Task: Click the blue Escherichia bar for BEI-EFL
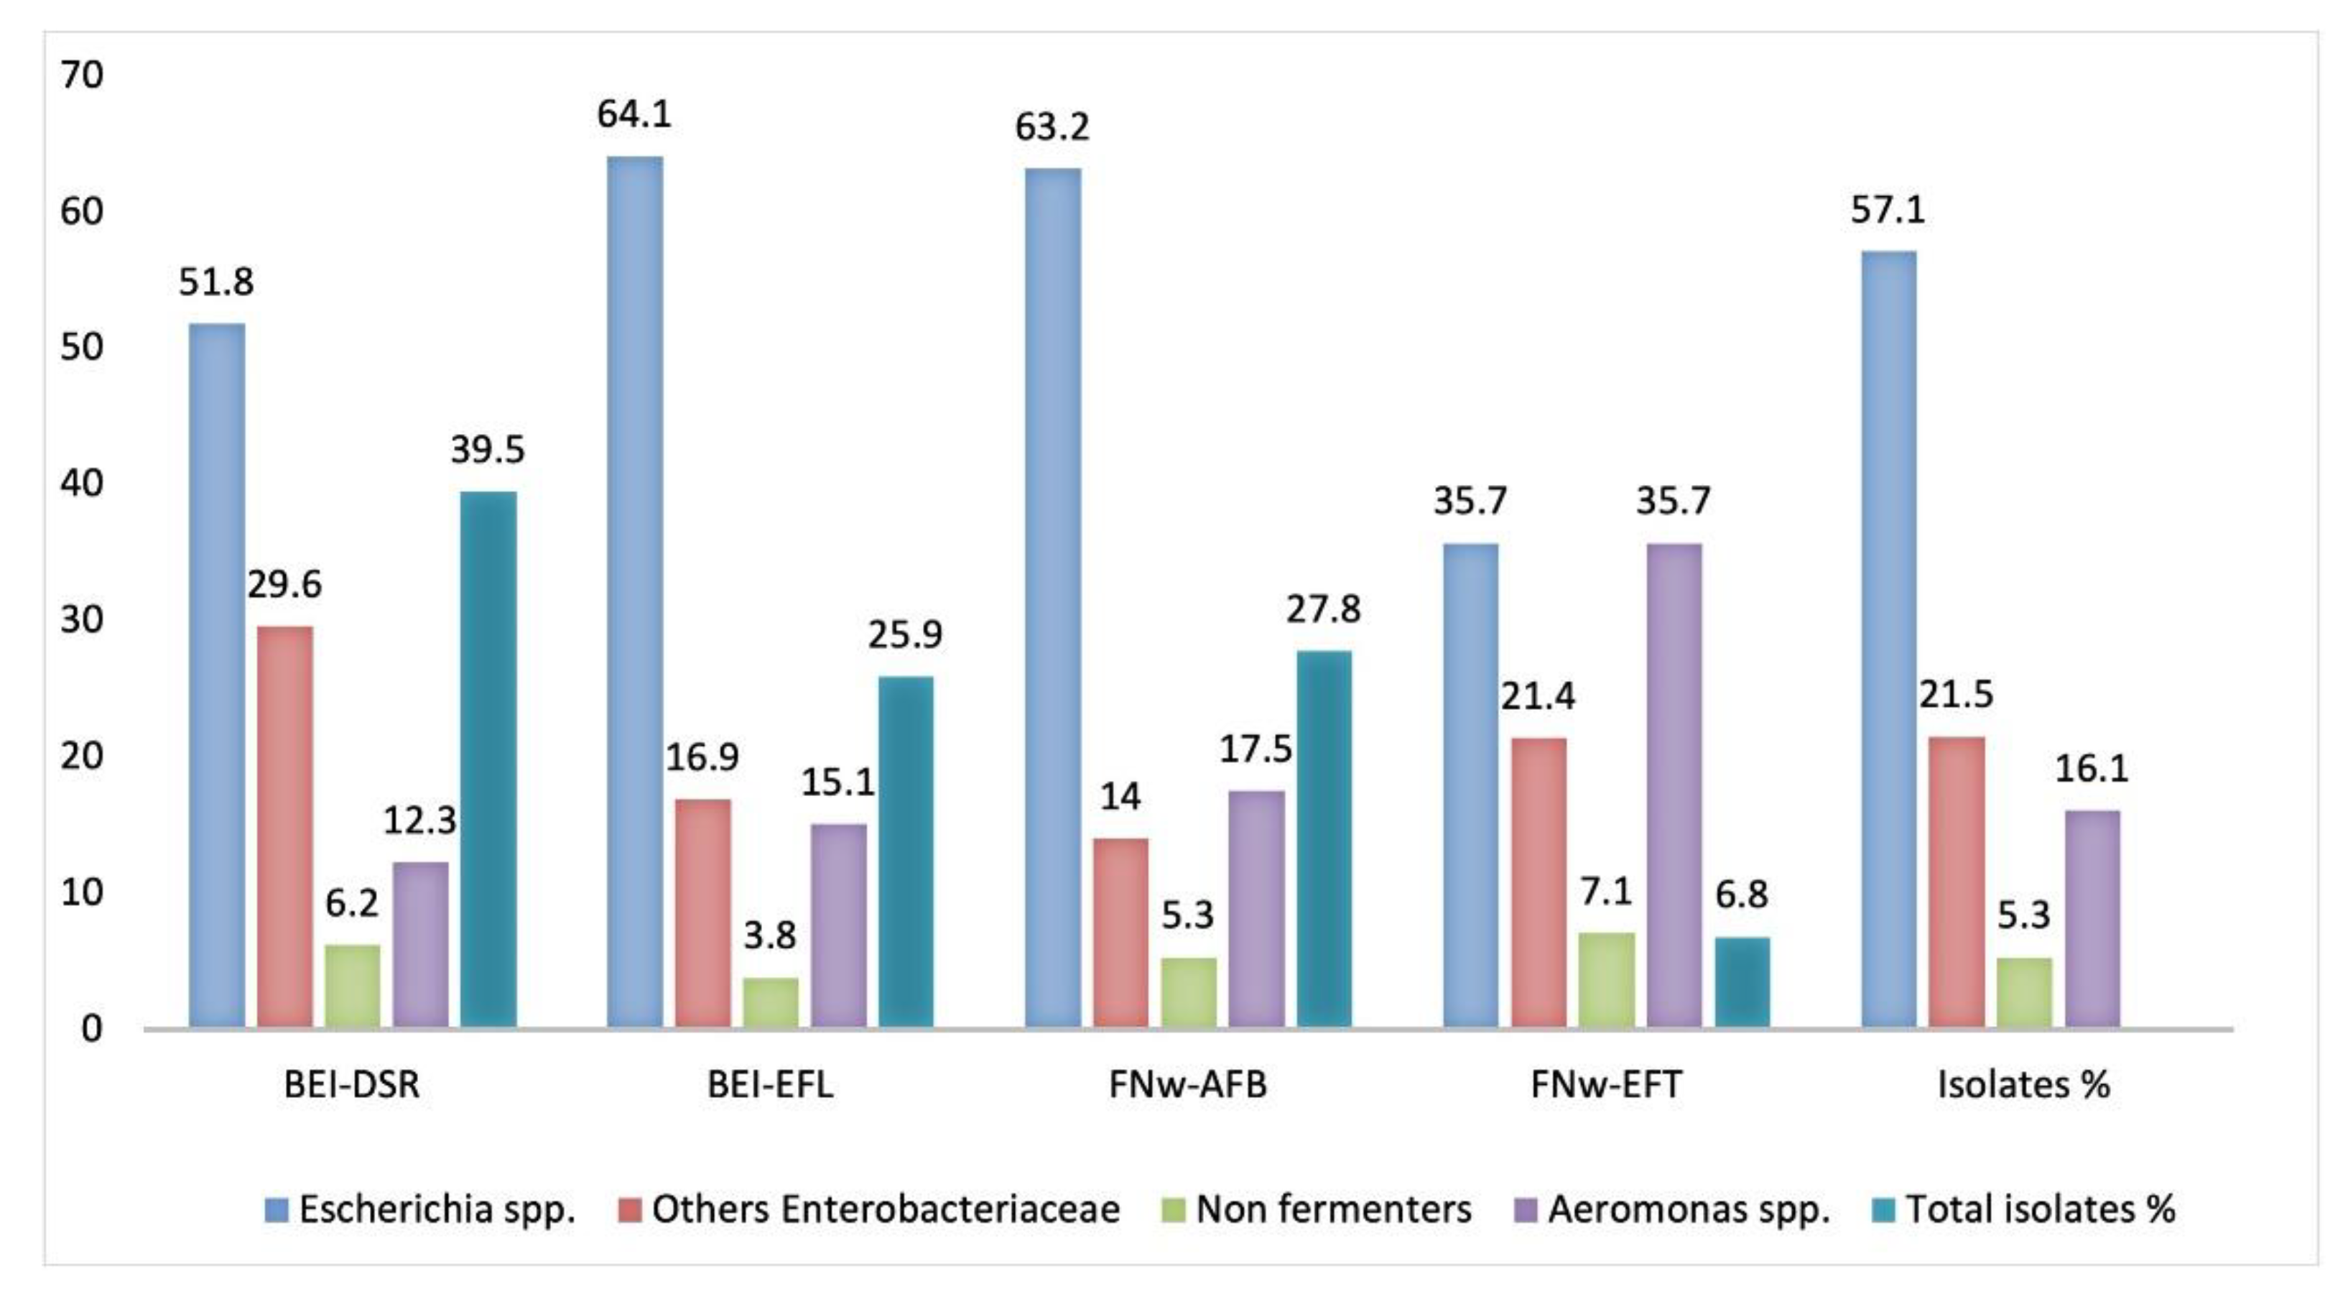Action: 636,593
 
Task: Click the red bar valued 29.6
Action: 284,827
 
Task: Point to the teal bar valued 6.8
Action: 1742,983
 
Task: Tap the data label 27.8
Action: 1322,609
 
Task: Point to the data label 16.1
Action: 2091,769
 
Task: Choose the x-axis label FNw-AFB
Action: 1188,1085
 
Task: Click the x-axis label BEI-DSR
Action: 352,1085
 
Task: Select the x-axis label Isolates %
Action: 2023,1085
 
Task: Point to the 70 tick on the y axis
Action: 82,75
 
